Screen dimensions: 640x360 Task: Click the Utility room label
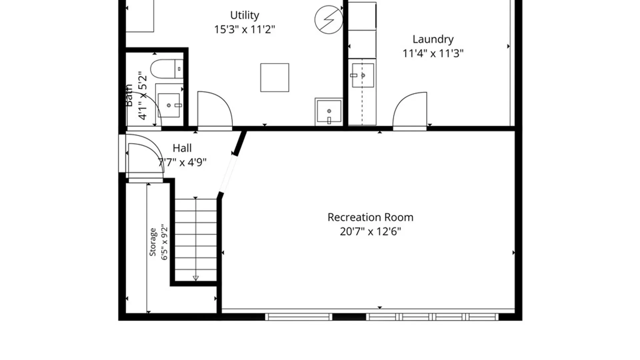(244, 15)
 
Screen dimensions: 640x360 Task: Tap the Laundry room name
(433, 39)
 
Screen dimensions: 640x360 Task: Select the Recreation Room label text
(370, 217)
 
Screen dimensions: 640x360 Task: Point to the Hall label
(182, 148)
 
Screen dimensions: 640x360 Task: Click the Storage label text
(153, 242)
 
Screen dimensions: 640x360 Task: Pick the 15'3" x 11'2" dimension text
(244, 30)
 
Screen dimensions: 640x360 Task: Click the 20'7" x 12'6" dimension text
(370, 231)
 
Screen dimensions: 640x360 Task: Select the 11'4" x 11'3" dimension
(433, 53)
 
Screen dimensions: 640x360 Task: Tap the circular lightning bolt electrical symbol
(329, 19)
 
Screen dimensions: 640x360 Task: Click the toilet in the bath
(167, 69)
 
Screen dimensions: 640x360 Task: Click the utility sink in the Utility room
(329, 111)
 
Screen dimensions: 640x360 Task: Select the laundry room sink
(363, 76)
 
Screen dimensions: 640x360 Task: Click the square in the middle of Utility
(275, 78)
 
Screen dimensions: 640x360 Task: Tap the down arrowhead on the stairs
(196, 278)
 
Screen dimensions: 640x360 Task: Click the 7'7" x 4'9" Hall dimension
(182, 162)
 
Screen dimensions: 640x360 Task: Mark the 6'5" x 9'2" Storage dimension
(164, 242)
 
